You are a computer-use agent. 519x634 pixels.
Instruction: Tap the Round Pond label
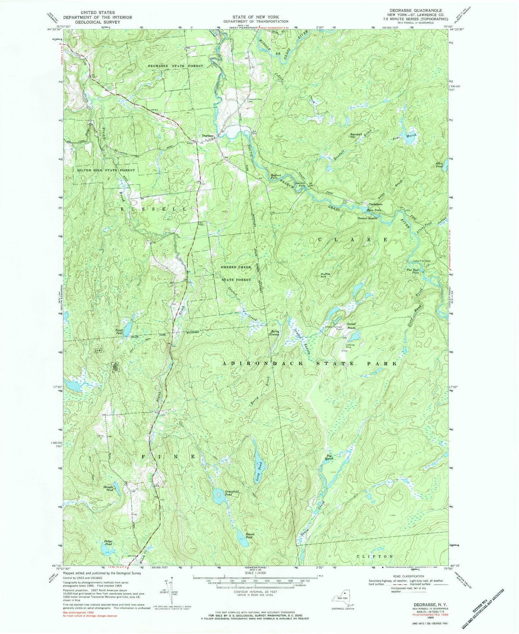click(250, 536)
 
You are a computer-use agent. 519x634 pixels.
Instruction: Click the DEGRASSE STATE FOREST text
click(175, 66)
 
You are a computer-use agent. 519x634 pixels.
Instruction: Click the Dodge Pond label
click(108, 542)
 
